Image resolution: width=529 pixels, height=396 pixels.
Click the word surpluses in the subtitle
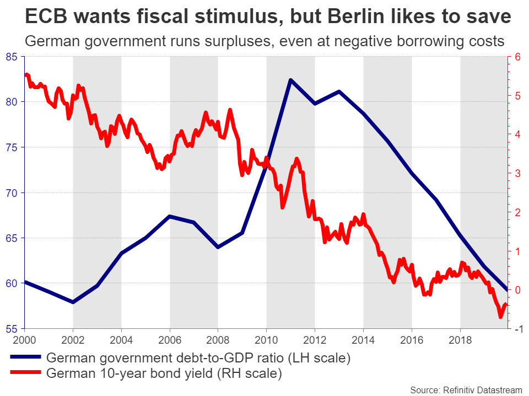coord(228,42)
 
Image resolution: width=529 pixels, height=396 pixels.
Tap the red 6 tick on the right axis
coord(517,57)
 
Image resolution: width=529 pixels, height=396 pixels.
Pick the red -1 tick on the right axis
coord(517,329)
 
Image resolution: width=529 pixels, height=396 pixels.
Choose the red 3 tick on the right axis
coord(517,173)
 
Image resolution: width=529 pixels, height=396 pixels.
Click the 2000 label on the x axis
coord(25,339)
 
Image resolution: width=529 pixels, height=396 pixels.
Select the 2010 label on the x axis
coord(267,339)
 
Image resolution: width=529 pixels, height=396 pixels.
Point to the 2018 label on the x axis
coord(460,339)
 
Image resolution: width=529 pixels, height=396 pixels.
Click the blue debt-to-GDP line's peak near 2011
coord(290,80)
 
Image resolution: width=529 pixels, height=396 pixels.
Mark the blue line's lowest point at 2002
coord(73,302)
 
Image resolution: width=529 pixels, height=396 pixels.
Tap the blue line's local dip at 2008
coord(218,247)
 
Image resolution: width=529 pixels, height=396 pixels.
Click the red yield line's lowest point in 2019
coord(500,317)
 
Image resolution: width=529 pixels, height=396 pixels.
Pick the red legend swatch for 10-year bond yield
coord(25,374)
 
